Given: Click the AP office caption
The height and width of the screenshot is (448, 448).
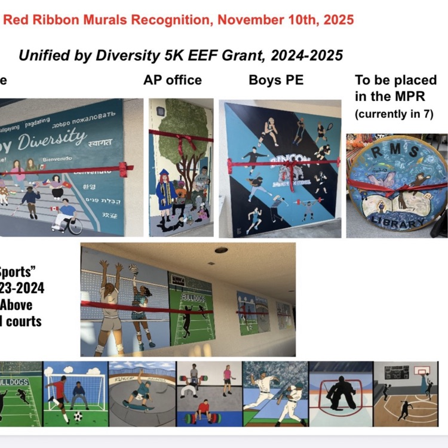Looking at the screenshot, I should pyautogui.click(x=173, y=80).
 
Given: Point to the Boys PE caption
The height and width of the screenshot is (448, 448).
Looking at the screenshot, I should pyautogui.click(x=277, y=80).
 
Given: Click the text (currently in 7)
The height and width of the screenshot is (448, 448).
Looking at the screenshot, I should pyautogui.click(x=394, y=114).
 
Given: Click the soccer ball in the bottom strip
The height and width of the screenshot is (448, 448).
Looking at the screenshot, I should pyautogui.click(x=78, y=416).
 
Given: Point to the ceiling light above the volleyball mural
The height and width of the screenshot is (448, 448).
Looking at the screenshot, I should pyautogui.click(x=222, y=250).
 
